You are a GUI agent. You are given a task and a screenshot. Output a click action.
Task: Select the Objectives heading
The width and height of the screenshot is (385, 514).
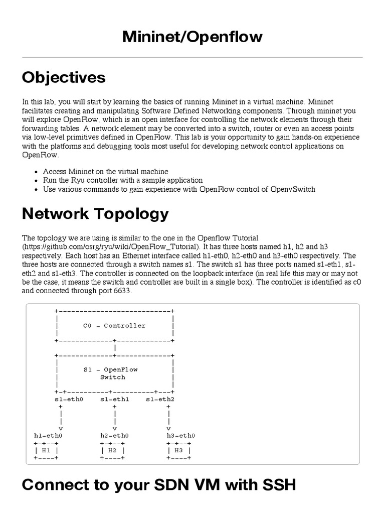pyautogui.click(x=64, y=77)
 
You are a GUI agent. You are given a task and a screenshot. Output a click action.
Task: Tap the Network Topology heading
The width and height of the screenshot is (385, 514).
pyautogui.click(x=95, y=214)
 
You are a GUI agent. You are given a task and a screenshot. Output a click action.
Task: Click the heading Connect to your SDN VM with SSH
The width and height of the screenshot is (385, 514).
pyautogui.click(x=159, y=484)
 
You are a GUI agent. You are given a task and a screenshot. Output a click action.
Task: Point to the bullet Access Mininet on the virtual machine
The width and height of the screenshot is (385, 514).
pyautogui.click(x=105, y=171)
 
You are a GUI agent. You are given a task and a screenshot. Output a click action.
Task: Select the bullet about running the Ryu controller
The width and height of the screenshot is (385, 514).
pyautogui.click(x=123, y=180)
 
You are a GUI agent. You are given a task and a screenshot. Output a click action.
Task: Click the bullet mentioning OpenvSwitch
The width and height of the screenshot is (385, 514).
pyautogui.click(x=179, y=189)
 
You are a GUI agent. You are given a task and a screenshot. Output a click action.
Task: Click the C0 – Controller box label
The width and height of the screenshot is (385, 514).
pyautogui.click(x=114, y=325)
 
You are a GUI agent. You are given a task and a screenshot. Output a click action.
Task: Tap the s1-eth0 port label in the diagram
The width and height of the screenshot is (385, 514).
pyautogui.click(x=69, y=399)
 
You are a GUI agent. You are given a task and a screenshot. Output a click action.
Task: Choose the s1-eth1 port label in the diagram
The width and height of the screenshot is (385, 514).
pyautogui.click(x=115, y=399)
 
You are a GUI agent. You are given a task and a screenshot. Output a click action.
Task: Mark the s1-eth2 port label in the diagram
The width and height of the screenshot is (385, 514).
pyautogui.click(x=160, y=399)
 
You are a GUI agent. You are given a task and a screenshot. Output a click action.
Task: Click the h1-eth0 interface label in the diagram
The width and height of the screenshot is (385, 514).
pyautogui.click(x=48, y=436)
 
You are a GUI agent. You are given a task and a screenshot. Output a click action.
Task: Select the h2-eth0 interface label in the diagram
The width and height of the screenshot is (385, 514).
pyautogui.click(x=114, y=436)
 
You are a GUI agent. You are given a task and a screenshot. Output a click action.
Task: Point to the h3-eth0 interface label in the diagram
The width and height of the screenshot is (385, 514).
pyautogui.click(x=181, y=436)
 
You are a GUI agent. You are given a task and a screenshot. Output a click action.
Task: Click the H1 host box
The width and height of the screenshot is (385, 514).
pyautogui.click(x=46, y=451)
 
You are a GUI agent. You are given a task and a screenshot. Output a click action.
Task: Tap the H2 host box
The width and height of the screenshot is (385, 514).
pyautogui.click(x=112, y=451)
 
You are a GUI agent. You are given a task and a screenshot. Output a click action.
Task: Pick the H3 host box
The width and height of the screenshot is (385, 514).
pyautogui.click(x=179, y=451)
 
